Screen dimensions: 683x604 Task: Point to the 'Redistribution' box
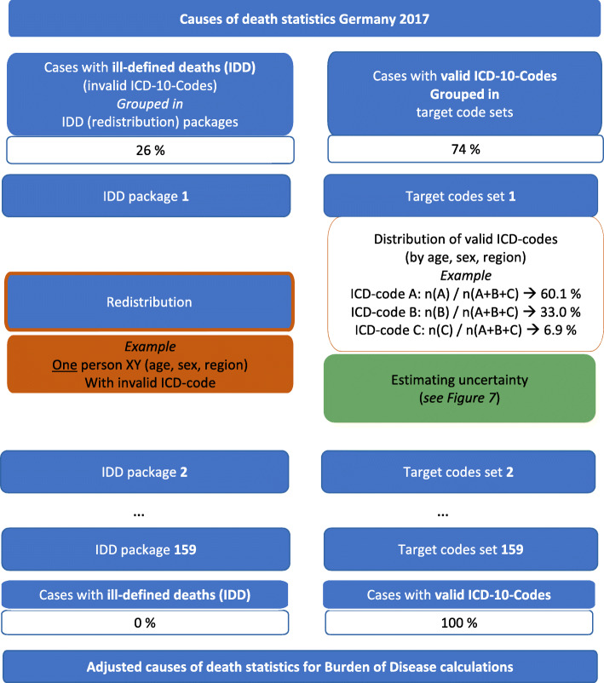tap(150, 301)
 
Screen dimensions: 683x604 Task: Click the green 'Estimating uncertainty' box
tap(459, 387)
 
